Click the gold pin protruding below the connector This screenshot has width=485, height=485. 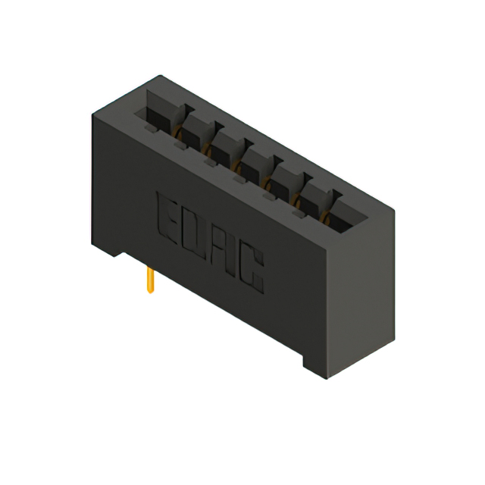(x=150, y=279)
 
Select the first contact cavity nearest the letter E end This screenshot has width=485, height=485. (x=161, y=114)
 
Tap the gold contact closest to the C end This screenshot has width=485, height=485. (x=327, y=220)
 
